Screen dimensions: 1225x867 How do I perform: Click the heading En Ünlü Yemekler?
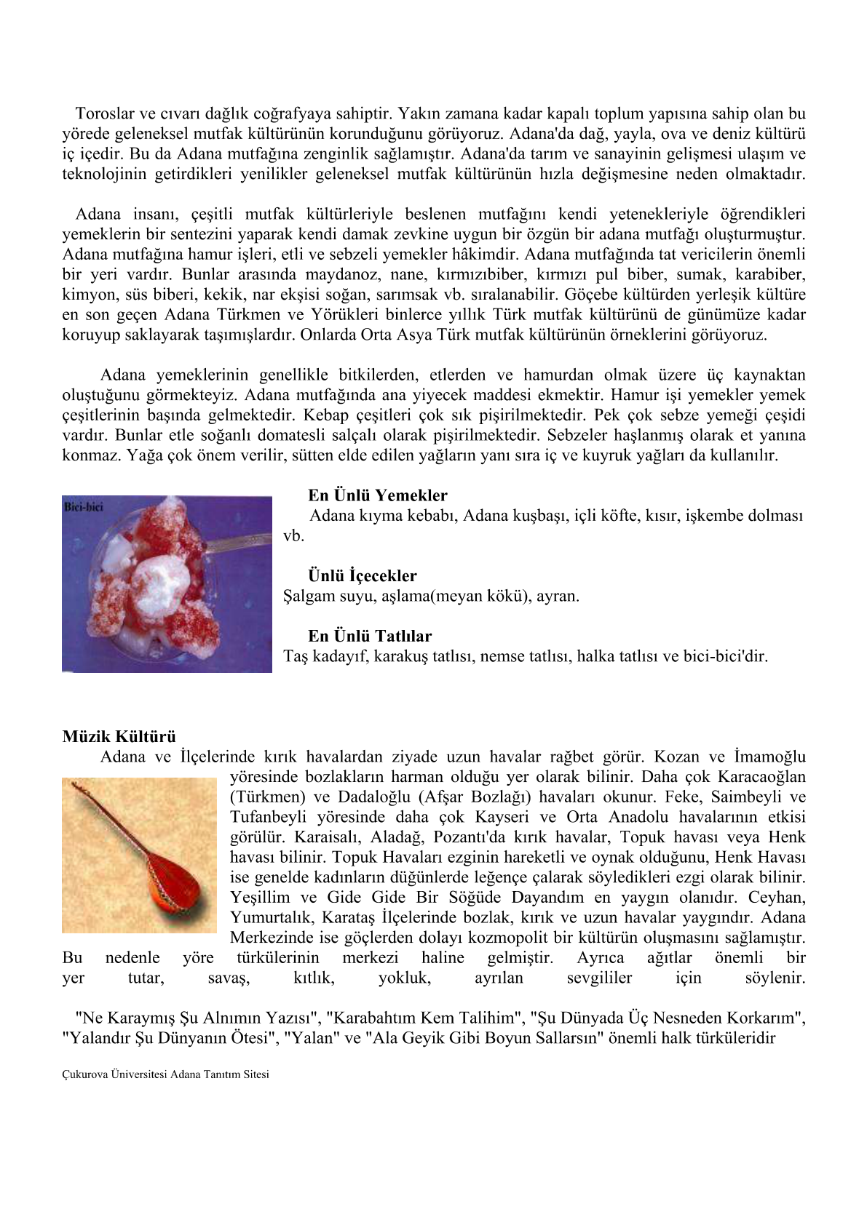377,495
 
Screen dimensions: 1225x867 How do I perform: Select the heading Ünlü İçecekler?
362,576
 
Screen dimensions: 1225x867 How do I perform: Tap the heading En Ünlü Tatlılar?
369,636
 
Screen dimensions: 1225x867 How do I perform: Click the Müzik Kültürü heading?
119,736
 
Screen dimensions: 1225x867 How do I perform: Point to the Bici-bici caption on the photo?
84,507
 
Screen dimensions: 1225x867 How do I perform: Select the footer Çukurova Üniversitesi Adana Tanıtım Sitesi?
165,1074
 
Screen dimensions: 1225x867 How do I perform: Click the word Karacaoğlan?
761,777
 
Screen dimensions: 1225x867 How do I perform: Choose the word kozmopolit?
518,938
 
